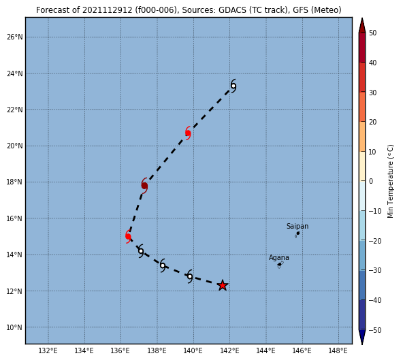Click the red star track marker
click(223, 285)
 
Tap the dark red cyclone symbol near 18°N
click(144, 185)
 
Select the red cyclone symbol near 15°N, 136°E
click(128, 236)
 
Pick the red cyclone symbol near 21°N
click(188, 133)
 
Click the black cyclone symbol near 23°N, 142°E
click(233, 86)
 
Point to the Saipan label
click(297, 226)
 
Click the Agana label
click(279, 257)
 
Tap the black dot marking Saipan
click(298, 233)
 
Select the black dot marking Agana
click(280, 265)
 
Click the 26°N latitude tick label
click(15, 37)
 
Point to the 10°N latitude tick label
click(15, 327)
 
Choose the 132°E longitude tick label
click(48, 350)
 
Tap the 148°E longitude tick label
click(338, 350)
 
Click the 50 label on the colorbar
click(372, 33)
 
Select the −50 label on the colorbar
click(374, 330)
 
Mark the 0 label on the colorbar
click(370, 181)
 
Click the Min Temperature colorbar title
click(390, 181)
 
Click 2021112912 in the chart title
click(107, 10)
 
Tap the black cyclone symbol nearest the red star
click(190, 276)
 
